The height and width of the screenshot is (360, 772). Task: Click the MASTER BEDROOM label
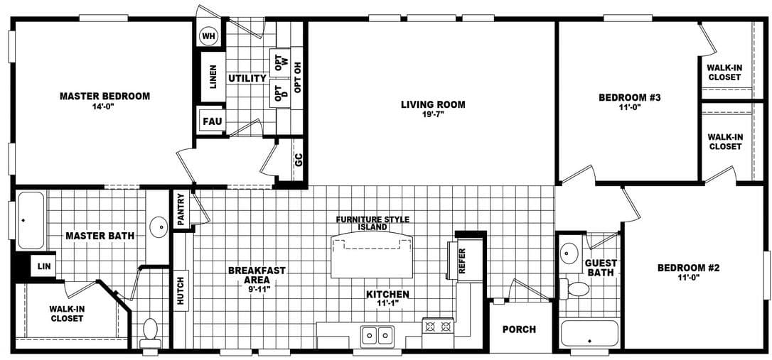click(x=104, y=96)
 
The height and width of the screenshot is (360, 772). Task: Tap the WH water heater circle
click(x=208, y=36)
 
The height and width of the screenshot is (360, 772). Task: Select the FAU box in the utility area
click(x=212, y=121)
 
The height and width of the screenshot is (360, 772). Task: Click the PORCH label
click(x=519, y=329)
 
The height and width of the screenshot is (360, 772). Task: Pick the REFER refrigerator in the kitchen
click(x=463, y=261)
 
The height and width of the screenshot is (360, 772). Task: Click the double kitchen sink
click(x=377, y=334)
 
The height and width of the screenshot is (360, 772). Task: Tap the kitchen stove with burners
click(x=438, y=327)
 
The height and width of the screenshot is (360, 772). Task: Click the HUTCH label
click(x=181, y=290)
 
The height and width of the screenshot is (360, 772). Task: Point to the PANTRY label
click(x=181, y=210)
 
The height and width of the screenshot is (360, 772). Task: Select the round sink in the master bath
click(x=159, y=228)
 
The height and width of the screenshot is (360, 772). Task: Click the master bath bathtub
click(x=31, y=220)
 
